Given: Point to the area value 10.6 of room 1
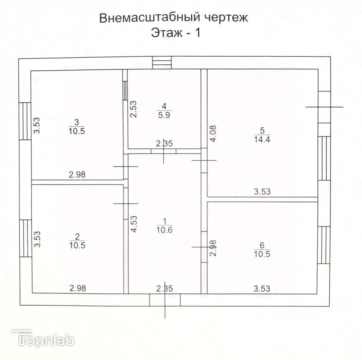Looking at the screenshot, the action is pyautogui.click(x=164, y=230).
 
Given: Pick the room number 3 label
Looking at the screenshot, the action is pyautogui.click(x=76, y=122).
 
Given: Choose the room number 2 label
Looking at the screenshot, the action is pyautogui.click(x=77, y=237).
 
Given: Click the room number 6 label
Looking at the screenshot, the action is pyautogui.click(x=261, y=245).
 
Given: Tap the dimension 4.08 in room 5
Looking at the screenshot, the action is pyautogui.click(x=213, y=134).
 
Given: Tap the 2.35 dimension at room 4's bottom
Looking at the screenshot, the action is pyautogui.click(x=164, y=144).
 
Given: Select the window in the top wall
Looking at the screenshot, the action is pyautogui.click(x=162, y=63).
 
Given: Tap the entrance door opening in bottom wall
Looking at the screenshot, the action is pyautogui.click(x=165, y=300).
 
